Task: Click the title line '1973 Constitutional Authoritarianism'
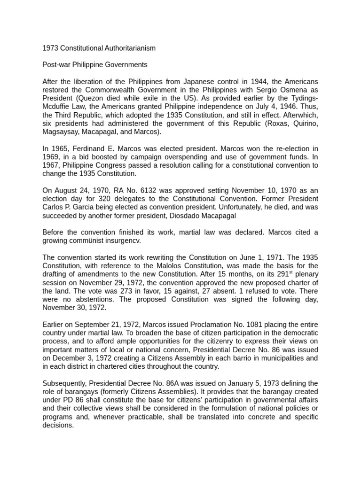[99, 48]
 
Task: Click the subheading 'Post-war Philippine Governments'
[94, 64]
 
